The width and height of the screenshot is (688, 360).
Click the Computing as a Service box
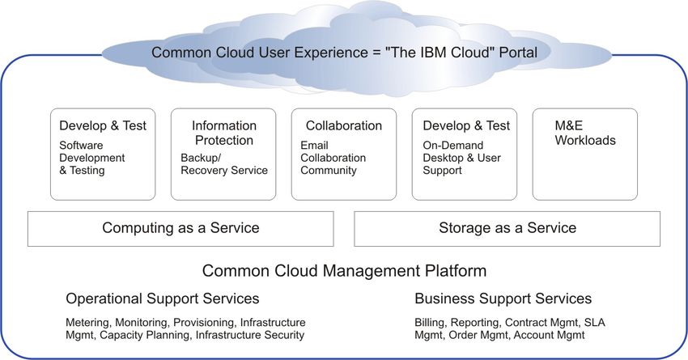pyautogui.click(x=180, y=228)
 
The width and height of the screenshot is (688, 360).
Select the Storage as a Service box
pyautogui.click(x=507, y=228)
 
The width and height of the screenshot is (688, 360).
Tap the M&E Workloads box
pyautogui.click(x=585, y=155)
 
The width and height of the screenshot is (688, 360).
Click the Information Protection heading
pyautogui.click(x=224, y=133)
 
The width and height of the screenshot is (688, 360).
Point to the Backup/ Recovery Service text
pyautogui.click(x=224, y=164)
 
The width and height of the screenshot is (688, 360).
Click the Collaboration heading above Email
pyautogui.click(x=344, y=126)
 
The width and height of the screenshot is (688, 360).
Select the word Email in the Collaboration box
pyautogui.click(x=314, y=145)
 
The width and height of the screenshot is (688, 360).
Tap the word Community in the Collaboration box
pyautogui.click(x=329, y=170)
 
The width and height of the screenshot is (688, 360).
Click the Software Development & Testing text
pyautogui.click(x=92, y=158)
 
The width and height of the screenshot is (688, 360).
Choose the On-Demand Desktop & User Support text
pyautogui.click(x=461, y=158)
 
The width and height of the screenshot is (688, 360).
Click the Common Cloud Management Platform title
pyautogui.click(x=345, y=270)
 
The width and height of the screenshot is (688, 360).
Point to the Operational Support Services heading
pyautogui.click(x=163, y=299)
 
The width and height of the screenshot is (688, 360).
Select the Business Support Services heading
pyautogui.click(x=503, y=299)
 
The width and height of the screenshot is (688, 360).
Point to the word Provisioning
pyautogui.click(x=204, y=323)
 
